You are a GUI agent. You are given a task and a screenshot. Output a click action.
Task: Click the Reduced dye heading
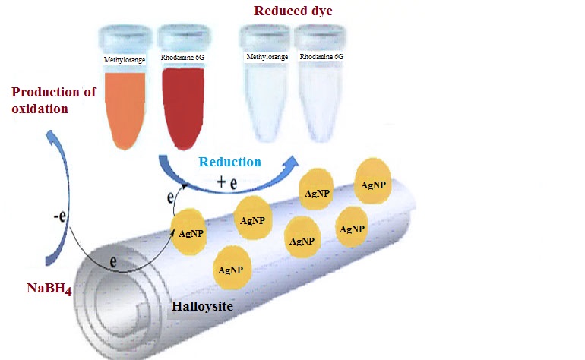coord(292,11)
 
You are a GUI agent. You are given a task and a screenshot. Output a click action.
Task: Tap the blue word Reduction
coord(229,162)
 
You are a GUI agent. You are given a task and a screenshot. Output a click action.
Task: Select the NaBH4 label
coord(49,289)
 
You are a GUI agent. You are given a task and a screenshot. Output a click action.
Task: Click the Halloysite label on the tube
coord(202,306)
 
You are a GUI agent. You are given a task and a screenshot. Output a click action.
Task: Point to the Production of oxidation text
coord(54,100)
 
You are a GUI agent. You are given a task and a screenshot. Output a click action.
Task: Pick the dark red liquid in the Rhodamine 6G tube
coord(183,108)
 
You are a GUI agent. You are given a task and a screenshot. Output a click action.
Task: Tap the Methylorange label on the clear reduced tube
coord(267,57)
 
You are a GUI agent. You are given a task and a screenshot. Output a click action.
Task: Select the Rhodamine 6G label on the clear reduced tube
coord(321,57)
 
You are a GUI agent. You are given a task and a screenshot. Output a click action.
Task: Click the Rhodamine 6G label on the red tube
coord(182,58)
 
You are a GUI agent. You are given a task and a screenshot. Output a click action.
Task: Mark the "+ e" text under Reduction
coord(227,182)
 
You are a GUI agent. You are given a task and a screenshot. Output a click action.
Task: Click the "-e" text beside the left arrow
coord(60,216)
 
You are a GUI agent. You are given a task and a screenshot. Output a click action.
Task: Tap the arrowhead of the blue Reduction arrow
coord(293,162)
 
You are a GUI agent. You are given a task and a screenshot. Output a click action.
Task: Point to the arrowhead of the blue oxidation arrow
coord(49,134)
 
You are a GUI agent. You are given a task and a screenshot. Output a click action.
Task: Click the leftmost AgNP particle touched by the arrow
coord(188,232)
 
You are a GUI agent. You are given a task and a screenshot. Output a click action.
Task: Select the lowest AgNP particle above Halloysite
coord(232,268)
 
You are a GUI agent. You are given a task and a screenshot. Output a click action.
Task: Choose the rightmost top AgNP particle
coord(373,182)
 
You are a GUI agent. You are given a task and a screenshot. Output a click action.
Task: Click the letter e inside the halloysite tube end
coord(113,261)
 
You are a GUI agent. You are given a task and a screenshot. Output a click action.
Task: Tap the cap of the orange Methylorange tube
coord(125,37)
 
